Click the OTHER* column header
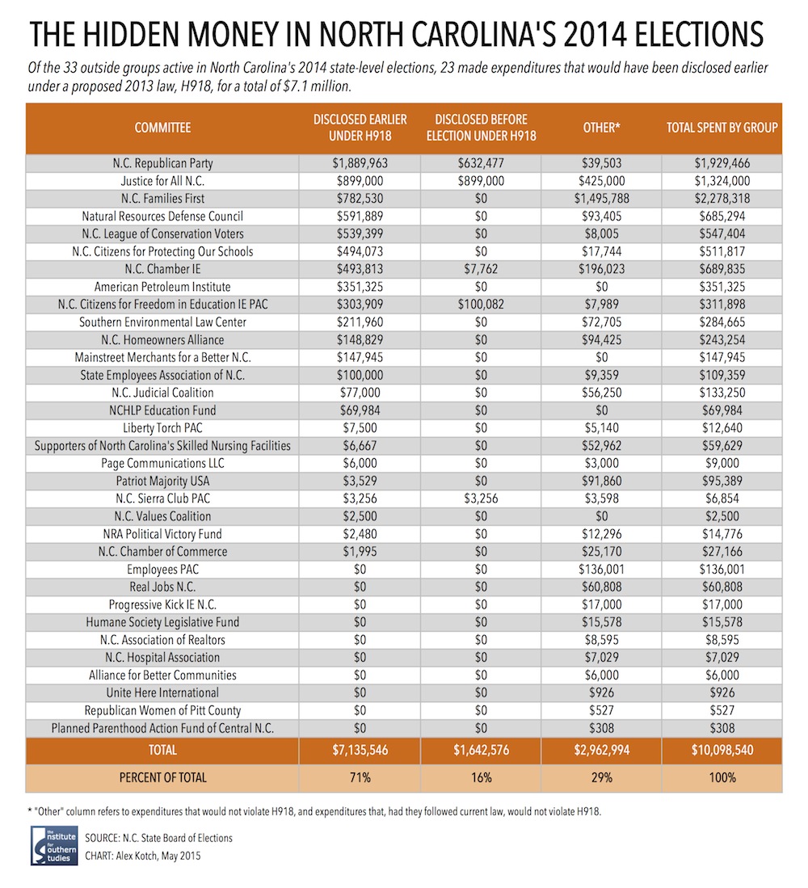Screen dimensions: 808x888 pyautogui.click(x=601, y=128)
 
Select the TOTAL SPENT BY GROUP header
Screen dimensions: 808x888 pyautogui.click(x=722, y=128)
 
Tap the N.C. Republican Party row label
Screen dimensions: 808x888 pyautogui.click(x=162, y=163)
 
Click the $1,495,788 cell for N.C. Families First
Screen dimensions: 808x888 pyautogui.click(x=601, y=199)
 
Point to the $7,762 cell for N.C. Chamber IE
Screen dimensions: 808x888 pyautogui.click(x=481, y=269)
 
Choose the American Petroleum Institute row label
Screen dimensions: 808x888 pyautogui.click(x=162, y=287)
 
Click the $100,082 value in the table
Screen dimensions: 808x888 pyautogui.click(x=481, y=305)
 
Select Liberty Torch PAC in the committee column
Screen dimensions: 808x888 pyautogui.click(x=162, y=428)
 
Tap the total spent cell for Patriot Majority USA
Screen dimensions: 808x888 pyautogui.click(x=722, y=482)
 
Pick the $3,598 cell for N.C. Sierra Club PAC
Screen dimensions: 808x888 pyautogui.click(x=601, y=499)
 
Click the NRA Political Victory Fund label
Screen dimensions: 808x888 pyautogui.click(x=162, y=534)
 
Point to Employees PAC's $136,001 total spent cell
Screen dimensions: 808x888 pyautogui.click(x=722, y=569)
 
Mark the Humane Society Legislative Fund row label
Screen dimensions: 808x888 pyautogui.click(x=162, y=622)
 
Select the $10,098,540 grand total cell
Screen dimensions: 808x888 pyautogui.click(x=722, y=751)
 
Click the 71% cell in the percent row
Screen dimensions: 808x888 pyautogui.click(x=360, y=777)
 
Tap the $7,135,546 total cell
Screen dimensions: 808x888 pyautogui.click(x=360, y=751)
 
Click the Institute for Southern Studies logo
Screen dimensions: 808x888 pyautogui.click(x=54, y=845)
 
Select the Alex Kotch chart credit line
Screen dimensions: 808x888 pyautogui.click(x=143, y=856)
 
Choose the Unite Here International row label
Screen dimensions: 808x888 pyautogui.click(x=162, y=693)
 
